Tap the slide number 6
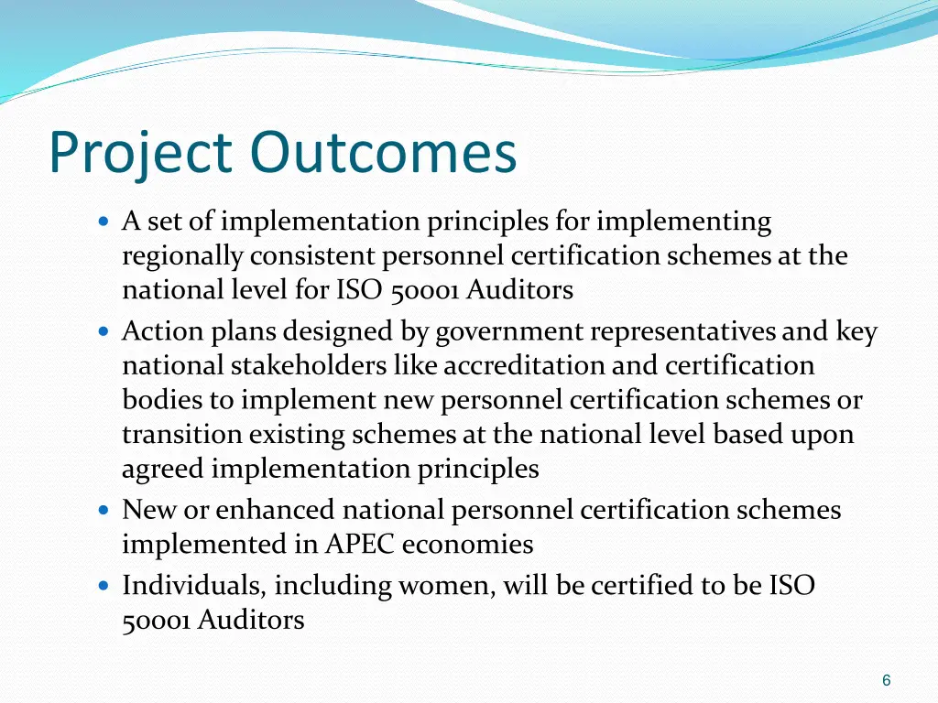886,680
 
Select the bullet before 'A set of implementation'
104,222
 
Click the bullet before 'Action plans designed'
104,330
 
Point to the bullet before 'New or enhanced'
104,509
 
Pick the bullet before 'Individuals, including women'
104,585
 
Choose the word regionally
182,257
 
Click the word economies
467,545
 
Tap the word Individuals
193,585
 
